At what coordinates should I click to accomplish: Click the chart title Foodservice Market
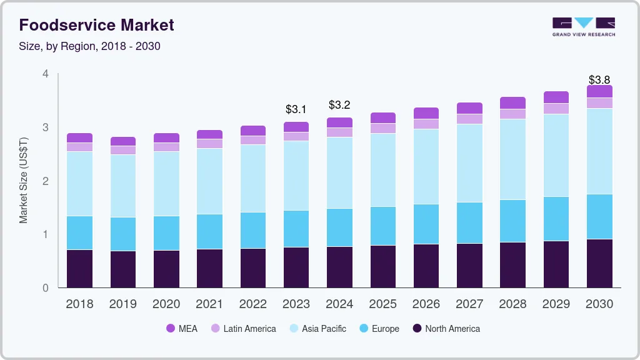pos(96,25)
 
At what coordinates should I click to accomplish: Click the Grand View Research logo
pos(583,27)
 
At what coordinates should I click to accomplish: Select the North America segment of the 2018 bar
pos(79,269)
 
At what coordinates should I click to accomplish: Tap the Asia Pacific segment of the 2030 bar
pos(599,151)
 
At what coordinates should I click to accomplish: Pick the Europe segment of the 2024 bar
pos(339,227)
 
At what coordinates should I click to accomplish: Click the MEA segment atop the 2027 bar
pos(469,108)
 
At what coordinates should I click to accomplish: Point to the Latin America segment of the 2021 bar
pos(209,143)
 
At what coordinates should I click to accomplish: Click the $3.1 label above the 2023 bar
pos(296,109)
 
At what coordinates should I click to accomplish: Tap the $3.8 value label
pos(599,80)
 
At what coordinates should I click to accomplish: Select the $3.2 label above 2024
pos(339,104)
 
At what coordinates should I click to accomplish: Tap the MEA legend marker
pos(171,329)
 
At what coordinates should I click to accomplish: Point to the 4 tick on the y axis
pos(45,74)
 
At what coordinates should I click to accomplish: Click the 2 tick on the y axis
pos(45,181)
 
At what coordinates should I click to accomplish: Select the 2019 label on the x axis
pos(122,304)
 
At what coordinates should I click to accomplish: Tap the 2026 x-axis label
pos(426,304)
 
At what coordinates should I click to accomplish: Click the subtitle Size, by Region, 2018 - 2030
pos(90,46)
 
